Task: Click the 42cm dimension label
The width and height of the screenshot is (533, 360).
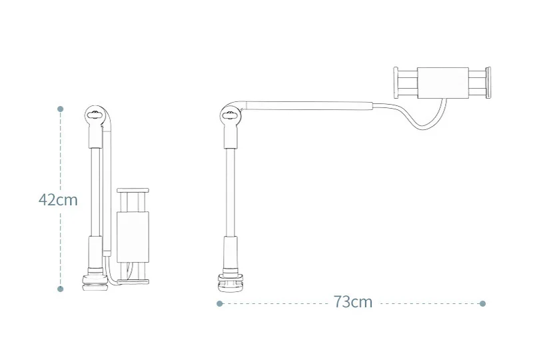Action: click(x=58, y=200)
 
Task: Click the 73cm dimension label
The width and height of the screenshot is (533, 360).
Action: click(x=353, y=302)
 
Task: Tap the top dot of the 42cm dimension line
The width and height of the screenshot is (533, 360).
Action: click(x=60, y=109)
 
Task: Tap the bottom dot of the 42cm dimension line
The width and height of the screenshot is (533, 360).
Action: click(x=60, y=289)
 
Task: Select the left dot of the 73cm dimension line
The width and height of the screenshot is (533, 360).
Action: click(x=219, y=303)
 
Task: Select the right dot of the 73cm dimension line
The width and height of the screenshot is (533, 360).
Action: click(x=482, y=303)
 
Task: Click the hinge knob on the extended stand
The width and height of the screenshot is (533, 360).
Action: click(x=230, y=115)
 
